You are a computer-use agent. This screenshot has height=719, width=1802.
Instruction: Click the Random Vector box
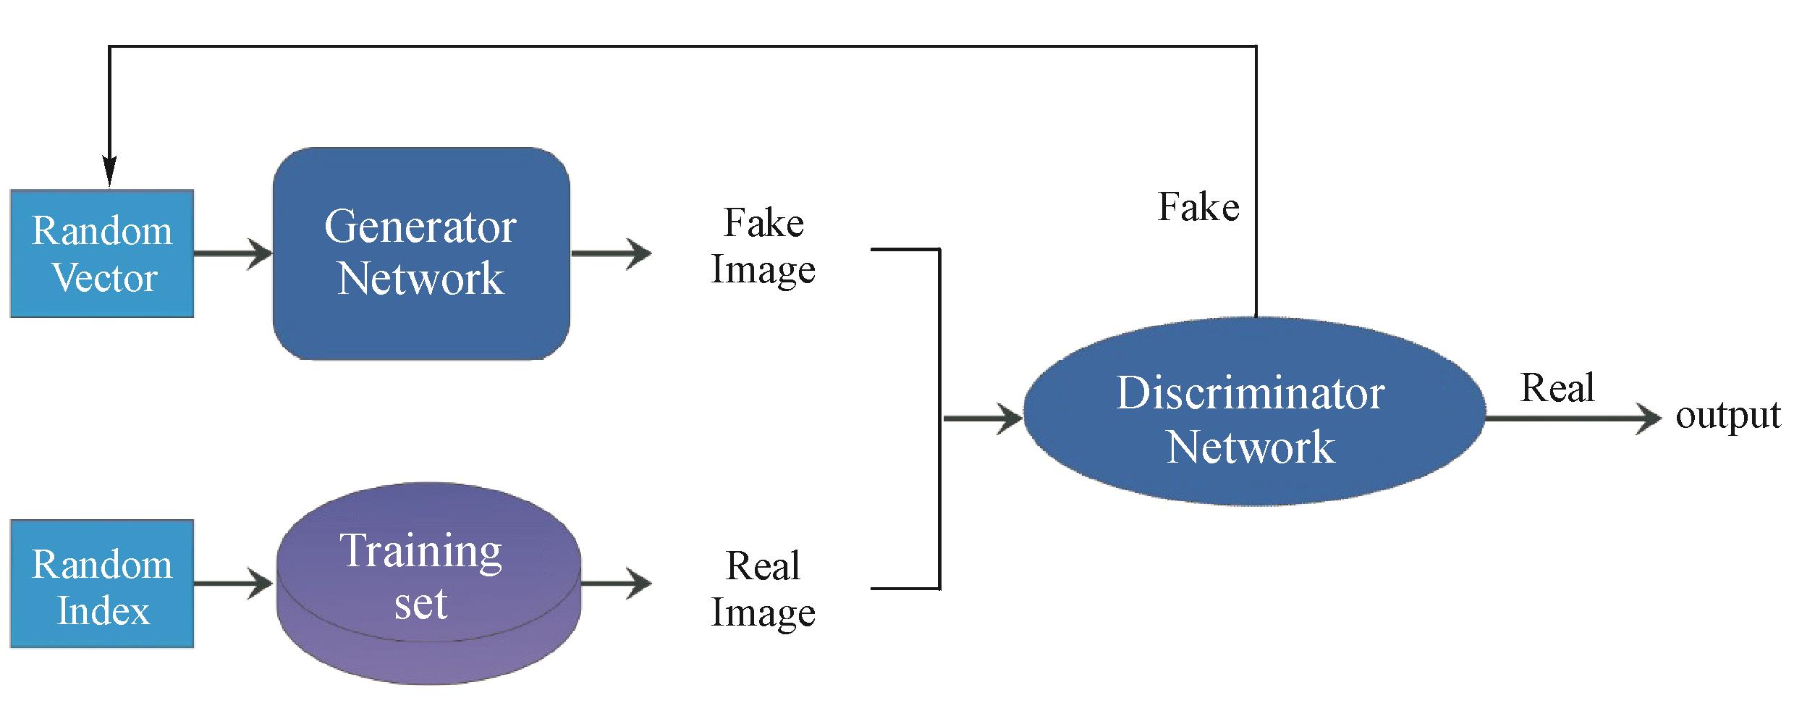(102, 253)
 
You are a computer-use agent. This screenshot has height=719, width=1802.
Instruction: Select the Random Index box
(102, 584)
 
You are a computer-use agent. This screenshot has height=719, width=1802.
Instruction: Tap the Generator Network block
(421, 253)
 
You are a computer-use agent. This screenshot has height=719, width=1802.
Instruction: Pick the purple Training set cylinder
(428, 584)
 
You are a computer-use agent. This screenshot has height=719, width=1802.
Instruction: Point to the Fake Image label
(763, 246)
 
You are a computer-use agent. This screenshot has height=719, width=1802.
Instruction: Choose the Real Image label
(763, 588)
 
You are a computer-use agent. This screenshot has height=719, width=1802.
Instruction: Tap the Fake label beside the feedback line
(1198, 207)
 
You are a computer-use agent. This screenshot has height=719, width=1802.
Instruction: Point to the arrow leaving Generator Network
(612, 253)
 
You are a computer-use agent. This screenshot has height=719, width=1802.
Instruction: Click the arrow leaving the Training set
(616, 584)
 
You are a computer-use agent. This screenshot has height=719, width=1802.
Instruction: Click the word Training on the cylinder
(420, 552)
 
